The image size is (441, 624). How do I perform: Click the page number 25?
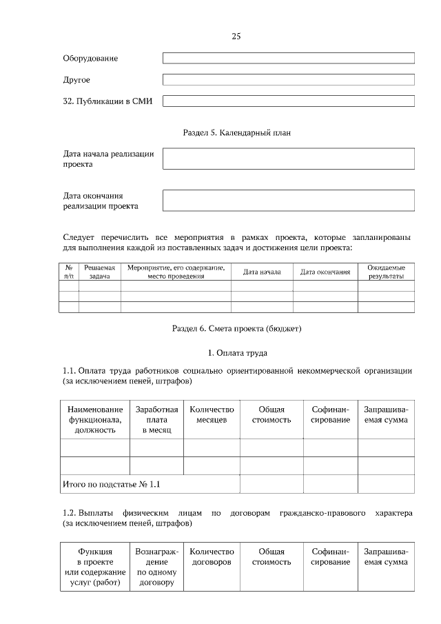click(x=236, y=36)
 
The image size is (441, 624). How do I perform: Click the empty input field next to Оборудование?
click(x=288, y=58)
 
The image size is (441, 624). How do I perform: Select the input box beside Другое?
click(x=288, y=79)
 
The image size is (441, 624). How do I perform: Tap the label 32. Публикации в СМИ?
click(x=107, y=101)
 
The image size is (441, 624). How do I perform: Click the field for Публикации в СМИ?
click(x=288, y=101)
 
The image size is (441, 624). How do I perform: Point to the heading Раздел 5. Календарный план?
click(x=236, y=132)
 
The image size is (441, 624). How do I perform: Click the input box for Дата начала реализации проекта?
click(x=288, y=159)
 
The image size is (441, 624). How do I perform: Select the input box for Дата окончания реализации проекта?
click(x=288, y=200)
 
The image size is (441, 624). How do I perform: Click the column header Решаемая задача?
click(x=99, y=272)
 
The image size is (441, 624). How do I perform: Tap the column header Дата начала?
click(x=262, y=272)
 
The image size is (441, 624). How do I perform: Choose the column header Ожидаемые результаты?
click(x=386, y=272)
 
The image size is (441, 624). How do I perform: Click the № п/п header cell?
click(x=69, y=272)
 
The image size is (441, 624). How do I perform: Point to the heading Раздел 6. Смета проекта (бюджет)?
click(x=236, y=328)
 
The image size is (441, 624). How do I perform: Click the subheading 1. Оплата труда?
click(x=236, y=353)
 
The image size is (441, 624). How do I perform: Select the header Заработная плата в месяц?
click(x=156, y=419)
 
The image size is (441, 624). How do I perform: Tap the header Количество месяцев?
click(x=212, y=414)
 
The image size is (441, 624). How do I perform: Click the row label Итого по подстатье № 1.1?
click(x=111, y=484)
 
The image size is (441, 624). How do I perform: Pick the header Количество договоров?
click(x=212, y=557)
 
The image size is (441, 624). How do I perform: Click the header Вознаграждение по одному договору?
click(x=156, y=567)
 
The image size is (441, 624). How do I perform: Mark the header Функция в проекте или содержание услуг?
click(x=95, y=567)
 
